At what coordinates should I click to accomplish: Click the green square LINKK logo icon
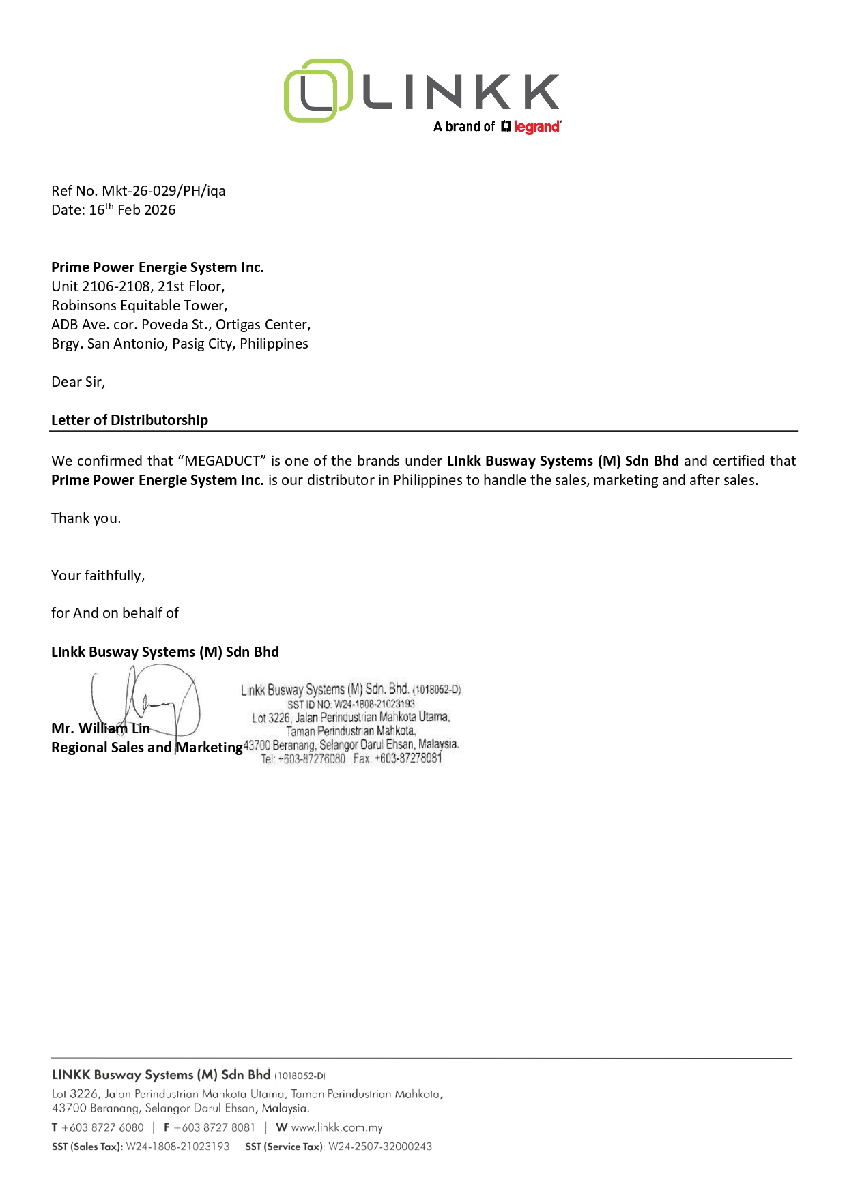(x=317, y=91)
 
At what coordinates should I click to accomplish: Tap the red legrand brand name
(x=537, y=127)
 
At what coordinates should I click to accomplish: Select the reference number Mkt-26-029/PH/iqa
(x=164, y=191)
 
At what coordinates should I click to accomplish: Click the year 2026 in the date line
(x=160, y=210)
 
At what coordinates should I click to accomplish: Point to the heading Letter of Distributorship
(x=130, y=420)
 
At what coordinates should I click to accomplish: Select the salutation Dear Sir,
(x=78, y=382)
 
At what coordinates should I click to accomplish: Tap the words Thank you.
(x=86, y=518)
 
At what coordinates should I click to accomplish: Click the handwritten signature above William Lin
(x=147, y=703)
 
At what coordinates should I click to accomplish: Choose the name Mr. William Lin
(x=100, y=728)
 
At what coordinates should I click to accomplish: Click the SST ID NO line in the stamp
(x=351, y=704)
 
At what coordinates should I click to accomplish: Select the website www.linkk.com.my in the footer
(x=336, y=1127)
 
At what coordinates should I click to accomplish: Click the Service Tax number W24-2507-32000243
(x=380, y=1147)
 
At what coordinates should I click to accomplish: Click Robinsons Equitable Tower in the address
(x=139, y=306)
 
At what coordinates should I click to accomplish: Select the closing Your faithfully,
(x=98, y=576)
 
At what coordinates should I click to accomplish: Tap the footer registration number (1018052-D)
(x=300, y=1076)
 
